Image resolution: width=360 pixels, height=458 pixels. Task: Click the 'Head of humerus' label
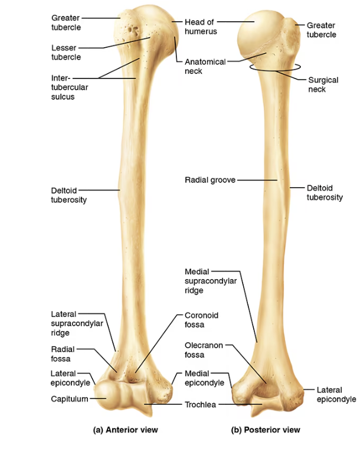click(x=201, y=27)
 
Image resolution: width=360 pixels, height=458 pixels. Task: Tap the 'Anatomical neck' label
click(x=205, y=66)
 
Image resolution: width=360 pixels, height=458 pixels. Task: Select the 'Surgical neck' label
click(x=323, y=84)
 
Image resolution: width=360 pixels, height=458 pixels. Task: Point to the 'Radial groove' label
click(x=210, y=180)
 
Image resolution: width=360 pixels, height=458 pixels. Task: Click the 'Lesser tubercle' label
click(x=66, y=53)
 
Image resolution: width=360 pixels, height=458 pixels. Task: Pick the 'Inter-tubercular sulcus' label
click(x=70, y=87)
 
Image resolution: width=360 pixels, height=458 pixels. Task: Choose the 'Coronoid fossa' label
click(x=201, y=320)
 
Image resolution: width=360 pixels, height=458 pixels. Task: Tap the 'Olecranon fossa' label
click(x=204, y=350)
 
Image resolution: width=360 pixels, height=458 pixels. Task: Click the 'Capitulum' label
click(x=70, y=399)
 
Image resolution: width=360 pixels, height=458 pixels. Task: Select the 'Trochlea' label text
click(x=200, y=404)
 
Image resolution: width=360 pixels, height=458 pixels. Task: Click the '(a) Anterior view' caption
click(x=125, y=430)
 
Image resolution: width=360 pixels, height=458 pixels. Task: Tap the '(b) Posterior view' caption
click(x=266, y=430)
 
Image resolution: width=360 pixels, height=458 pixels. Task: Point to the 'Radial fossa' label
click(x=63, y=354)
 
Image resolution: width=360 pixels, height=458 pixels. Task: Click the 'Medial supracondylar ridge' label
click(x=211, y=281)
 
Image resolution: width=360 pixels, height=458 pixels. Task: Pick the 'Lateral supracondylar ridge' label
click(x=77, y=323)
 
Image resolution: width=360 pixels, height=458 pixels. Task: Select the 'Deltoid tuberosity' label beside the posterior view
click(x=325, y=192)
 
